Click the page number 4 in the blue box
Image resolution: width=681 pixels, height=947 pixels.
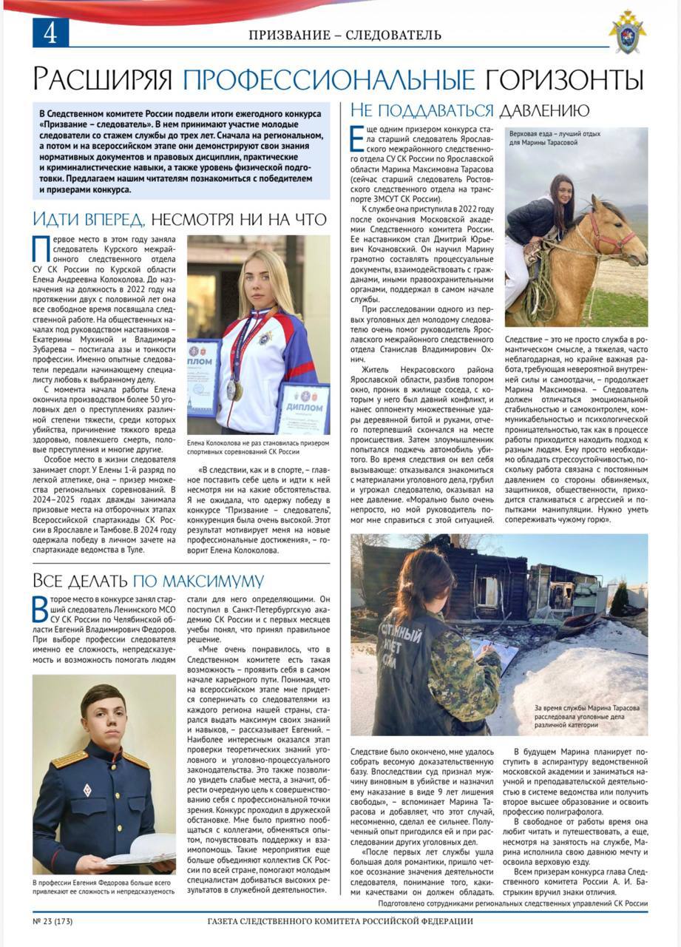pyautogui.click(x=50, y=33)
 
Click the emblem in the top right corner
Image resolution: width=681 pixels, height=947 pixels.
pyautogui.click(x=627, y=33)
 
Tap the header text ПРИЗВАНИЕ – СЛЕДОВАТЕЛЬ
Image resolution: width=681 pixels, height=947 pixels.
pyautogui.click(x=345, y=35)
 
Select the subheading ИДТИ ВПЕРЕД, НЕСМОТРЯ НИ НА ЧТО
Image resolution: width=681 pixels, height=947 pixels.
pyautogui.click(x=180, y=219)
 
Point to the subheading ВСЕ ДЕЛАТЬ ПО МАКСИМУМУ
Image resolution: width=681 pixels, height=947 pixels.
pyautogui.click(x=148, y=580)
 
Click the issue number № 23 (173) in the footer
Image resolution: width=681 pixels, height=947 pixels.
pyautogui.click(x=52, y=921)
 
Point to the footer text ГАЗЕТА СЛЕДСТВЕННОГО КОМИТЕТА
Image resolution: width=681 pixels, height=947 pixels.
pyautogui.click(x=340, y=921)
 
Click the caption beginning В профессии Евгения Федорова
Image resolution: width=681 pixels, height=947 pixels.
pyautogui.click(x=104, y=886)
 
